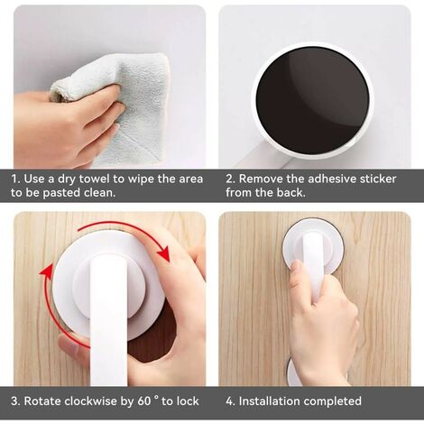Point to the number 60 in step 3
pyautogui.click(x=144, y=401)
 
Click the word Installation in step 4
pyautogui.click(x=269, y=401)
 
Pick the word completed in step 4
pyautogui.click(x=332, y=401)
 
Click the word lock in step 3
pyautogui.click(x=188, y=401)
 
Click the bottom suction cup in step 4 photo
pyautogui.click(x=293, y=372)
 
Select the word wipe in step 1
pyautogui.click(x=142, y=180)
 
